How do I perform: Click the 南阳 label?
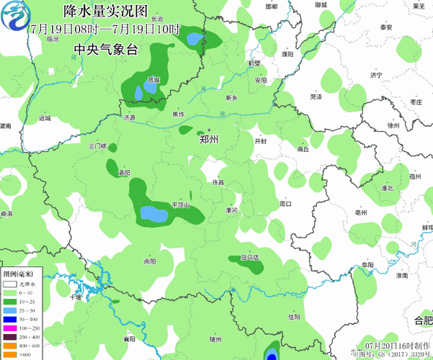pos(150,261)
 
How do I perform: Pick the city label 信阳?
pos(293,316)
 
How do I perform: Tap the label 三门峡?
pos(97,145)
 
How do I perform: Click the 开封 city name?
pos(261,141)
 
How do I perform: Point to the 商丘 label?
pos(303,149)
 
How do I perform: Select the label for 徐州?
pos(393,125)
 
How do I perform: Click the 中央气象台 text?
pos(104,49)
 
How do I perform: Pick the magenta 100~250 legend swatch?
pos(9,328)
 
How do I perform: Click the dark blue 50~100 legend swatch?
pos(9,318)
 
